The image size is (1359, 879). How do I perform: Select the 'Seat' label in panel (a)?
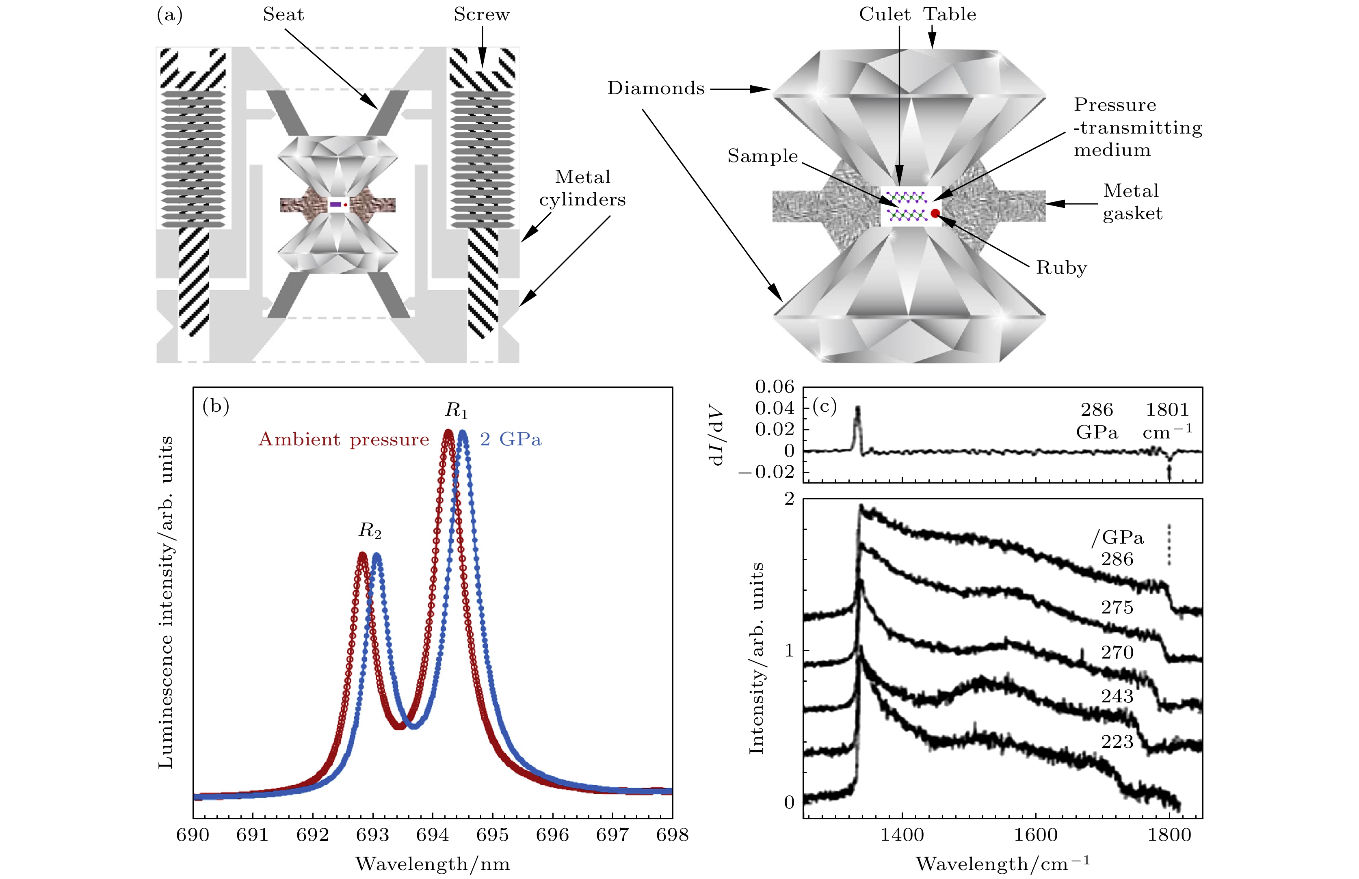pos(283,15)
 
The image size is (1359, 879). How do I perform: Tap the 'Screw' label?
pos(481,15)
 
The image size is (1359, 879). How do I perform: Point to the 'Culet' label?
pos(885,15)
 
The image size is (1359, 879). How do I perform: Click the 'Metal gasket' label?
pos(1132,202)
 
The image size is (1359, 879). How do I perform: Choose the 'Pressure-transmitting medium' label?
pos(1138,127)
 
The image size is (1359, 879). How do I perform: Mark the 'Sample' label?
pos(762,156)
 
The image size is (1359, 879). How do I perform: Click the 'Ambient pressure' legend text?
pos(344,439)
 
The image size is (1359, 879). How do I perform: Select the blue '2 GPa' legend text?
pos(511,439)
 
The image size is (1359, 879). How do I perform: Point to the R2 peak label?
pos(370,531)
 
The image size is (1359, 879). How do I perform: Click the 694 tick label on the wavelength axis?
pos(432,835)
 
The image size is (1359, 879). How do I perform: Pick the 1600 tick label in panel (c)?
pos(1035,835)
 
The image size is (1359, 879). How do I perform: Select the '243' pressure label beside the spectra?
pos(1117,696)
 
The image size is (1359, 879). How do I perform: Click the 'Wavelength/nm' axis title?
pos(432,864)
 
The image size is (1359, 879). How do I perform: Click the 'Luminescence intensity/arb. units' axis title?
pos(166,602)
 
